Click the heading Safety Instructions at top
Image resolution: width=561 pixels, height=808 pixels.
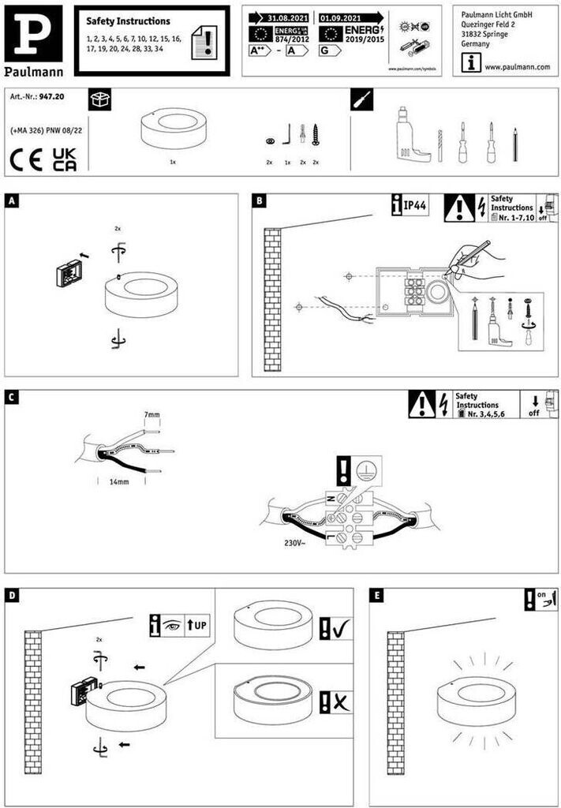click(128, 21)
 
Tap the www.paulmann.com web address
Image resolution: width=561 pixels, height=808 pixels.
click(517, 67)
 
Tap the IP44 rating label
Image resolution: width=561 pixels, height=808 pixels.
click(414, 207)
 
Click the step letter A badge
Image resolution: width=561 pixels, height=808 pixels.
click(11, 201)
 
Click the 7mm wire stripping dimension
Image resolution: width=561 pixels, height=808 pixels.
click(151, 414)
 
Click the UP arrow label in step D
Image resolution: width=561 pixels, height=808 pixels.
click(197, 626)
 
